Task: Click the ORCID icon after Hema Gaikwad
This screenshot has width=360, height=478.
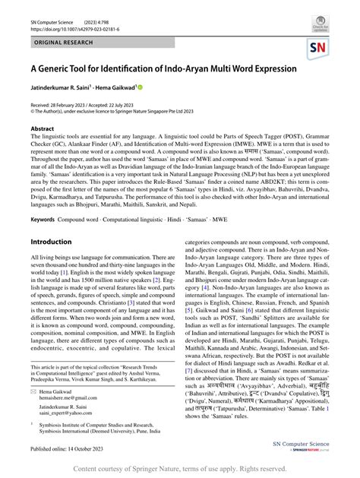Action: (x=140, y=88)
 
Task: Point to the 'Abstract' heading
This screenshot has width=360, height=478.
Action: (x=43, y=129)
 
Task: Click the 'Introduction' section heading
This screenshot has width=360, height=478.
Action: (x=51, y=241)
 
